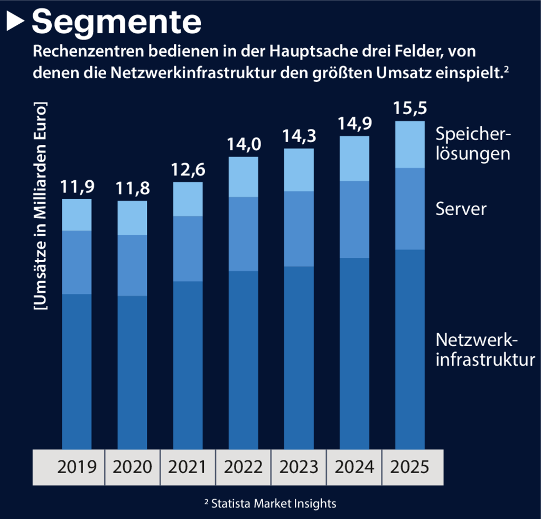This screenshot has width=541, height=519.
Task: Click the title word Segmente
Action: (x=117, y=22)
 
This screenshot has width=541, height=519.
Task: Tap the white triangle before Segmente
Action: (x=16, y=22)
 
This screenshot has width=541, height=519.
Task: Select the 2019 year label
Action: (x=77, y=467)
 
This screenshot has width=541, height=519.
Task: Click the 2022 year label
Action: (x=243, y=467)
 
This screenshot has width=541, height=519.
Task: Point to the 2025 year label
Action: (x=409, y=467)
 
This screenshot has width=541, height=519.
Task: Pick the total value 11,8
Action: (x=132, y=188)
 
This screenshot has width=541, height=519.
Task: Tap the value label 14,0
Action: (x=243, y=144)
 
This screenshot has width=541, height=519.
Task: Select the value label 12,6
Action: (x=188, y=170)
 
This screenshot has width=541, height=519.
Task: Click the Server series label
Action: (x=461, y=209)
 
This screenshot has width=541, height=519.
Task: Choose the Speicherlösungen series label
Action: (x=473, y=144)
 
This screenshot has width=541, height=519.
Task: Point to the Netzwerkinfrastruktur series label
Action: (x=485, y=349)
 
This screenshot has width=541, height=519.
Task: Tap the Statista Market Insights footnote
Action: (x=270, y=503)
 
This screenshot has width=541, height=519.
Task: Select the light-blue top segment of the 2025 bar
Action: (x=410, y=145)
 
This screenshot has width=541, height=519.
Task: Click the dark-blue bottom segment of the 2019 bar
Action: (x=77, y=370)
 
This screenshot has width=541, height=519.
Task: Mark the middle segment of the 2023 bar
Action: (x=299, y=228)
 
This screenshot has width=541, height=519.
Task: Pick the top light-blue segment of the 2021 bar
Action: (x=188, y=199)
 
